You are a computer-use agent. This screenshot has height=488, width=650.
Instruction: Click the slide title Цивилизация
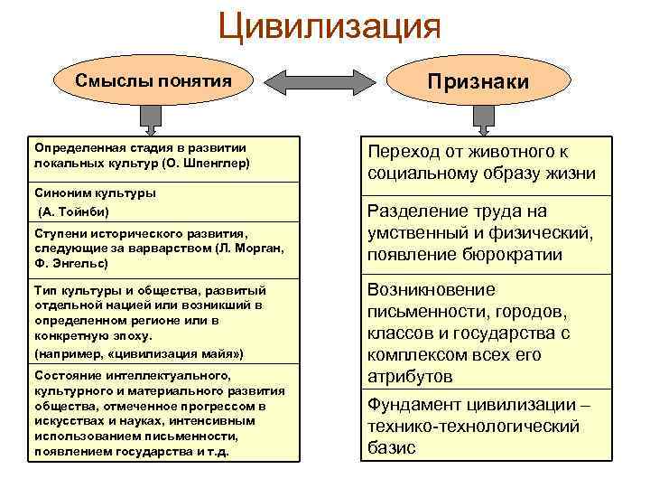[x=329, y=26]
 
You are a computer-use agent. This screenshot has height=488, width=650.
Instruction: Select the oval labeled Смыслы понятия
[x=153, y=80]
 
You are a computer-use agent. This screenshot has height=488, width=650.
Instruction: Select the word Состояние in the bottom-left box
[x=68, y=374]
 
